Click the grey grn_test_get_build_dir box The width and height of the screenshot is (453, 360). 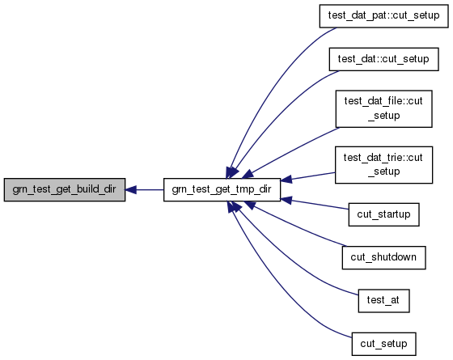point(65,190)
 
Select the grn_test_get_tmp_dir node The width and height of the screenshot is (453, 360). point(222,190)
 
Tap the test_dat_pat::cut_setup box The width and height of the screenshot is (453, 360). point(383,16)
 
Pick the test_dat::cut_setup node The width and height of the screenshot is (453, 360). point(383,59)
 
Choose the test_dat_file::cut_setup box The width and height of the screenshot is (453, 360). point(383,108)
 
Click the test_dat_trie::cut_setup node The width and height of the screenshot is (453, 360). point(383,165)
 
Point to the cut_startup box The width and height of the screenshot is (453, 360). point(383,214)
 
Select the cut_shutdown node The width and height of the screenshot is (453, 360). point(383,258)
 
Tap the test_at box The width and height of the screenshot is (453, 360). point(383,301)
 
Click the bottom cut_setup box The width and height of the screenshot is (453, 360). point(383,344)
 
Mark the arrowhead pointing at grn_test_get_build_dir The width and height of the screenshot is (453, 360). point(130,190)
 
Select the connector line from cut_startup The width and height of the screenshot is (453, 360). point(315,204)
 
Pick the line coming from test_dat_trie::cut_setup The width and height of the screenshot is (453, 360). point(308,176)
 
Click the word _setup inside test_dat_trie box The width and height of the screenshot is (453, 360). point(384,172)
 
